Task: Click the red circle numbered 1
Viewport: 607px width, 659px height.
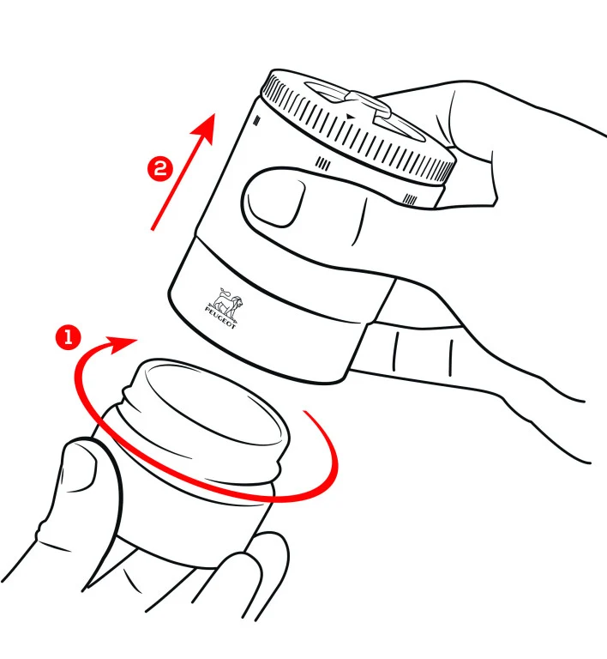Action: tap(68, 336)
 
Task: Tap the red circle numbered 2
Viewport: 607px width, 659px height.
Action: tap(160, 169)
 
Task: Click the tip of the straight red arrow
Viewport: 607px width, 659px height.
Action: tap(214, 114)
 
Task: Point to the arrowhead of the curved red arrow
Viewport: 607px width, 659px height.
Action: tap(122, 344)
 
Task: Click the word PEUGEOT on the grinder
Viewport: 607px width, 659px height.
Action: tap(221, 317)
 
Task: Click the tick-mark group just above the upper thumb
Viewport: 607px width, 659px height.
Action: tap(323, 163)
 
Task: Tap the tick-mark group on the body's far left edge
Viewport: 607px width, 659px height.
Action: tap(257, 121)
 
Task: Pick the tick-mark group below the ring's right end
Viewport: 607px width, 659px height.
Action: tap(410, 200)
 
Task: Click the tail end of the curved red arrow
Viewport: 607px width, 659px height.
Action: tap(304, 412)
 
